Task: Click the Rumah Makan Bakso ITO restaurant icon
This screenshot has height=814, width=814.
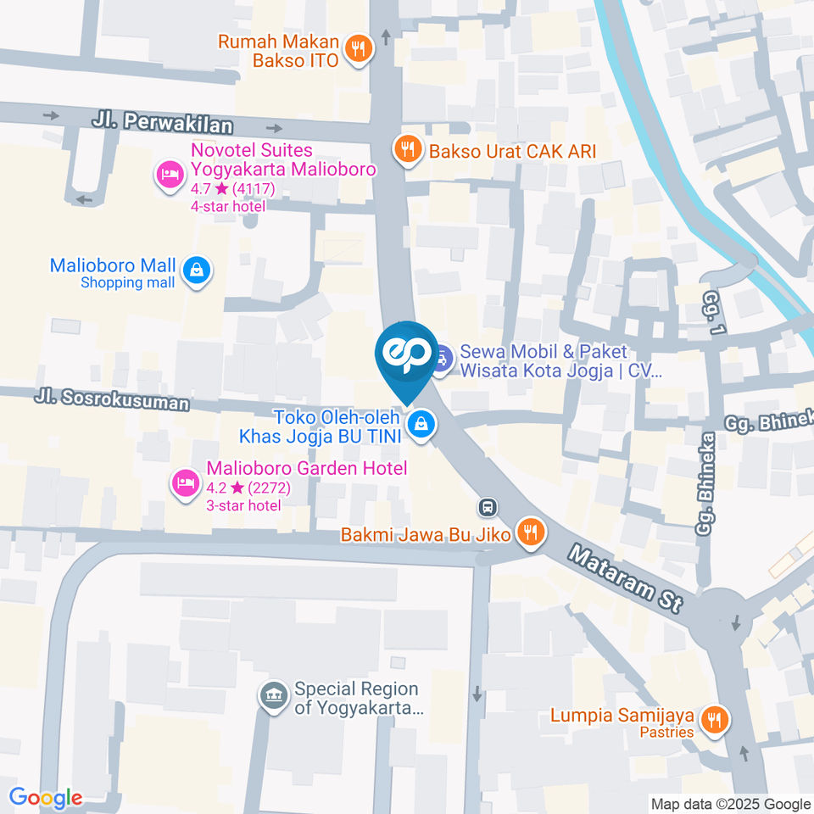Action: click(360, 49)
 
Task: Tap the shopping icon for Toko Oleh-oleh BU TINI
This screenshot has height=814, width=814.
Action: click(421, 426)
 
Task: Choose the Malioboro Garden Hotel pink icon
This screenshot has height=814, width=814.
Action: click(184, 482)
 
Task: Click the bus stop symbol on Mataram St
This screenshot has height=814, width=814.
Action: click(488, 508)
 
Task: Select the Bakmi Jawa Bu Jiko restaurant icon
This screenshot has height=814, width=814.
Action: click(531, 533)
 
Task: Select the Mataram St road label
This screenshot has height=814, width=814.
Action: click(626, 580)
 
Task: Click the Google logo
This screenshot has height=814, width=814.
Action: click(46, 797)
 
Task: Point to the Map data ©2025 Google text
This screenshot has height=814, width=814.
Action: click(730, 804)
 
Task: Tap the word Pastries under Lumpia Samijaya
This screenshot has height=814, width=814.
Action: click(666, 732)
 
